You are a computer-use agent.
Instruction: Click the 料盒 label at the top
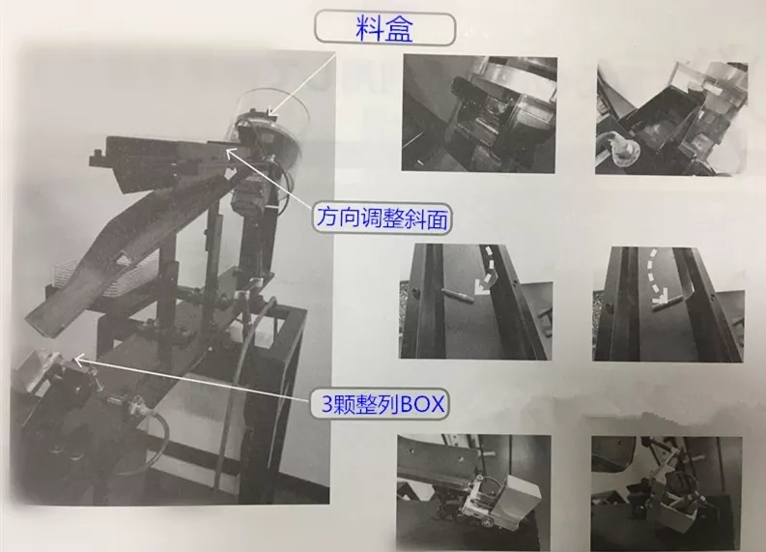tap(384, 29)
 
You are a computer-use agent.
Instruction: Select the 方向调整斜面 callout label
tap(382, 218)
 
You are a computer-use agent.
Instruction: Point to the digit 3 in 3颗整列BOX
tap(327, 405)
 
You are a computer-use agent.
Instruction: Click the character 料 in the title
tap(370, 29)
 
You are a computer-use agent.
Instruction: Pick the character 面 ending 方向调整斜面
tap(438, 219)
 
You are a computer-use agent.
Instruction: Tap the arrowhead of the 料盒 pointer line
tap(271, 111)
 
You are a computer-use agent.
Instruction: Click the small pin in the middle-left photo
tap(457, 295)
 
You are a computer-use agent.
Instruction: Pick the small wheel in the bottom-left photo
tap(488, 522)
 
